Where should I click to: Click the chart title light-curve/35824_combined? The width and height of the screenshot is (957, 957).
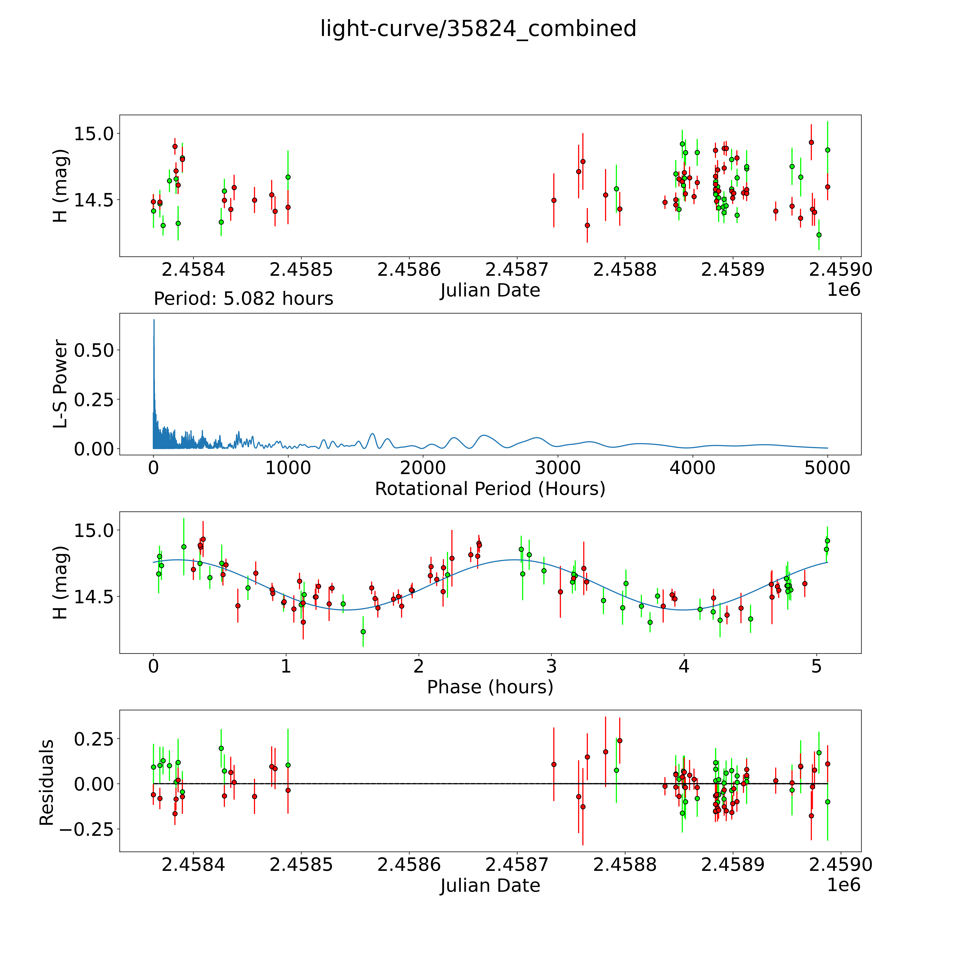(x=478, y=29)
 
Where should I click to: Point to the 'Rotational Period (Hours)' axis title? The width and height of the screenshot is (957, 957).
(x=490, y=489)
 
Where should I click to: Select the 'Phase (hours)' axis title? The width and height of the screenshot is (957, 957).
(x=490, y=687)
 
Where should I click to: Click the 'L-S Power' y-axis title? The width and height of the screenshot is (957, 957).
(x=60, y=384)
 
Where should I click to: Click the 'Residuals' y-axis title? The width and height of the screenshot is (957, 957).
(x=47, y=783)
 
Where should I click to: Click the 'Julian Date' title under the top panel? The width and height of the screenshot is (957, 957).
(x=490, y=290)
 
